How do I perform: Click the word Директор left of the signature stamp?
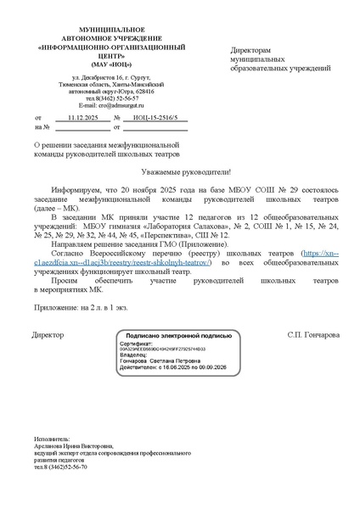pyautogui.click(x=48, y=335)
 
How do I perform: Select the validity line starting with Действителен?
pyautogui.click(x=172, y=366)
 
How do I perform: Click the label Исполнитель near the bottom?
pyautogui.click(x=53, y=439)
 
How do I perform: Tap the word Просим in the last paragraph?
pyautogui.click(x=65, y=277)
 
